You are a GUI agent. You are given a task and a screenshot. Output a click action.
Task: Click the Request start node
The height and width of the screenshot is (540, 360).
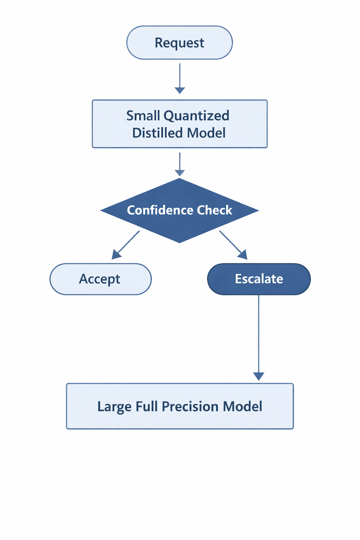pos(179,43)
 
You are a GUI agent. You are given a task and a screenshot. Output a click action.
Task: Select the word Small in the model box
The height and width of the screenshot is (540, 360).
pos(143,116)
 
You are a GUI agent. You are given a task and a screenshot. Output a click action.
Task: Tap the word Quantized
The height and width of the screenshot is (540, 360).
pos(197,116)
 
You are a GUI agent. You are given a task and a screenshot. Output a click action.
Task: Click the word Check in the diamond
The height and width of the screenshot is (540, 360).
pos(214,210)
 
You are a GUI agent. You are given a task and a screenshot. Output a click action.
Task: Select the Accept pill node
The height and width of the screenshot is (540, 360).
pos(100,279)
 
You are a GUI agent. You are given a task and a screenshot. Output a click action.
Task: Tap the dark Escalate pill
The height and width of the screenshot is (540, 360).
pos(259,279)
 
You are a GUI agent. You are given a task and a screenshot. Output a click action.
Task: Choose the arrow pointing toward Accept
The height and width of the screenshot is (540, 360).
pos(126,245)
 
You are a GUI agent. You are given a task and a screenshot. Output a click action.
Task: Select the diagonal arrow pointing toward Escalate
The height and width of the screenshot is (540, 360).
pos(233,245)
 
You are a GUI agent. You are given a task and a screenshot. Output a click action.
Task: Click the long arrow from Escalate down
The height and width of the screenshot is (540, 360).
pos(259,334)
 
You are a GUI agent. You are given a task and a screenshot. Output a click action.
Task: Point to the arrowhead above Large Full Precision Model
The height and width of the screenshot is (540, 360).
pos(259,377)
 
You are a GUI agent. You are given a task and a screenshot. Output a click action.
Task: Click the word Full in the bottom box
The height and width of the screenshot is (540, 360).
pos(147,406)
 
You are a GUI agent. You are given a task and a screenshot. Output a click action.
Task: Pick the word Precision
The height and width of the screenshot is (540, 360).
pos(190,406)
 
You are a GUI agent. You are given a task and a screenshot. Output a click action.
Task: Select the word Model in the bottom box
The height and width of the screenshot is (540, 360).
pos(243,406)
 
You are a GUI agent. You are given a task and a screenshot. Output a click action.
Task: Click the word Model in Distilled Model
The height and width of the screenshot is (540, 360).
pos(206,133)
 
